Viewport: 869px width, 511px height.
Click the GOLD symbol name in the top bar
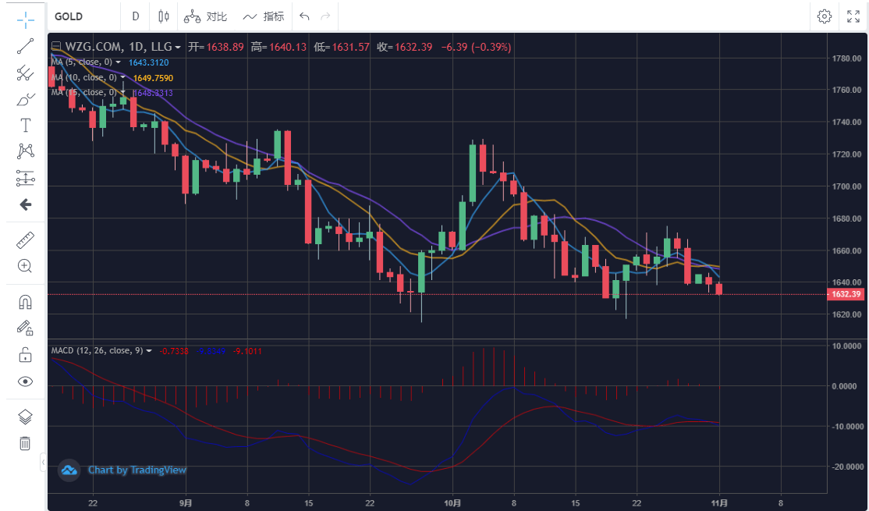(x=69, y=16)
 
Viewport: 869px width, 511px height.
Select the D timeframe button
(x=136, y=16)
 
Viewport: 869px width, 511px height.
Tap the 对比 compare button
(x=206, y=16)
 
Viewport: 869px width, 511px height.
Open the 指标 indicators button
(x=263, y=16)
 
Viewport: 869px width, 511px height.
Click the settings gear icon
(x=825, y=16)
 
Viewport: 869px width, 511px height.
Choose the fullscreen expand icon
(x=853, y=16)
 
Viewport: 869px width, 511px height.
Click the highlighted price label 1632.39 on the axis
(x=846, y=294)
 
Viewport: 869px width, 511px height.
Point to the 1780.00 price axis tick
(x=846, y=59)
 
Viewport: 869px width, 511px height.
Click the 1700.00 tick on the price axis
(x=846, y=186)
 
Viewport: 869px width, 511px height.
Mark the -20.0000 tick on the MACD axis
(x=846, y=467)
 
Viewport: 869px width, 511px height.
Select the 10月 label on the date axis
(x=452, y=502)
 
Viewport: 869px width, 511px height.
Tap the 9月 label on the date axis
(x=186, y=502)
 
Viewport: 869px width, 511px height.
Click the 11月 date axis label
(x=719, y=502)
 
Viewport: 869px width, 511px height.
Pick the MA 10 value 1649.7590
(x=153, y=78)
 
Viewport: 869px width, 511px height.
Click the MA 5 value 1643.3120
(x=148, y=62)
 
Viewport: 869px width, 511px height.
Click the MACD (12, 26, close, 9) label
(x=97, y=351)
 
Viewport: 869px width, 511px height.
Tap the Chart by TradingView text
(x=137, y=470)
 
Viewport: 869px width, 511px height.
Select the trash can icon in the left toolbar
(x=25, y=443)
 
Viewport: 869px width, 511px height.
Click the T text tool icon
(x=25, y=125)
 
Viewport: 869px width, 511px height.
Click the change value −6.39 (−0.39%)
(x=476, y=47)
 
